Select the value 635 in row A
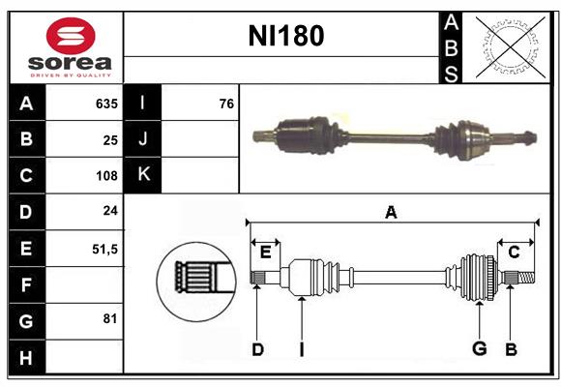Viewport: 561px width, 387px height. [105, 104]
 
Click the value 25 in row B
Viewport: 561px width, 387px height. [109, 139]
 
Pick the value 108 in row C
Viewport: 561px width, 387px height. [105, 176]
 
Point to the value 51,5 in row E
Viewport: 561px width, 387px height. [103, 249]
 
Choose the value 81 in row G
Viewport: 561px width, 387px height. [109, 318]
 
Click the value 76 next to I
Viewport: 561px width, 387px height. [226, 104]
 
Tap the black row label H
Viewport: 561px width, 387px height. [26, 357]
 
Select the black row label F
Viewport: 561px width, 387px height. [26, 284]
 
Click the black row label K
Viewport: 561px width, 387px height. [143, 175]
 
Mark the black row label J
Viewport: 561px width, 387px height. [143, 139]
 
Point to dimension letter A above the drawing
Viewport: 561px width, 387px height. [391, 212]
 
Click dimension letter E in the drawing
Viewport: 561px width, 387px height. [265, 253]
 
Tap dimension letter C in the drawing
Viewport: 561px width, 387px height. [514, 253]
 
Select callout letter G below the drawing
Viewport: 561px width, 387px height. [478, 349]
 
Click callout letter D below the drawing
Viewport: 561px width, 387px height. [257, 349]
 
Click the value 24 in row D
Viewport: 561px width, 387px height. [109, 212]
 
